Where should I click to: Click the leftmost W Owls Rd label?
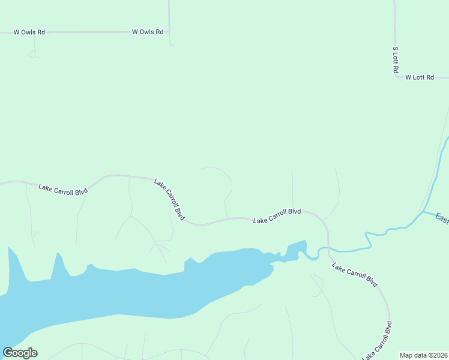[x=29, y=32]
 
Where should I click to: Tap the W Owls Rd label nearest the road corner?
[x=148, y=32]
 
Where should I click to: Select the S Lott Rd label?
[x=396, y=60]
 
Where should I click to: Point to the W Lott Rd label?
[x=420, y=77]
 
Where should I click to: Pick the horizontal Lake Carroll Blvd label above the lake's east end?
[x=277, y=216]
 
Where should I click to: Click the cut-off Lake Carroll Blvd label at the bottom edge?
[x=378, y=342]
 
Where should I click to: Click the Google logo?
[x=20, y=353]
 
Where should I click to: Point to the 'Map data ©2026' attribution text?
[x=423, y=355]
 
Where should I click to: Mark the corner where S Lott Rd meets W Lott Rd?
[x=396, y=77]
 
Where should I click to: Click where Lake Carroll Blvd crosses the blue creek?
[x=328, y=248]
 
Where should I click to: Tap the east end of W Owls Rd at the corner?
[x=169, y=32]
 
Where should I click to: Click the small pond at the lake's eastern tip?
[x=297, y=250]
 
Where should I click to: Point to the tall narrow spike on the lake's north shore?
[x=59, y=261]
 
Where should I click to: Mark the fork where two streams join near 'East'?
[x=423, y=211]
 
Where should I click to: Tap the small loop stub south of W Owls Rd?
[x=34, y=55]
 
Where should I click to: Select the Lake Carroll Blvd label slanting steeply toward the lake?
[x=169, y=198]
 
